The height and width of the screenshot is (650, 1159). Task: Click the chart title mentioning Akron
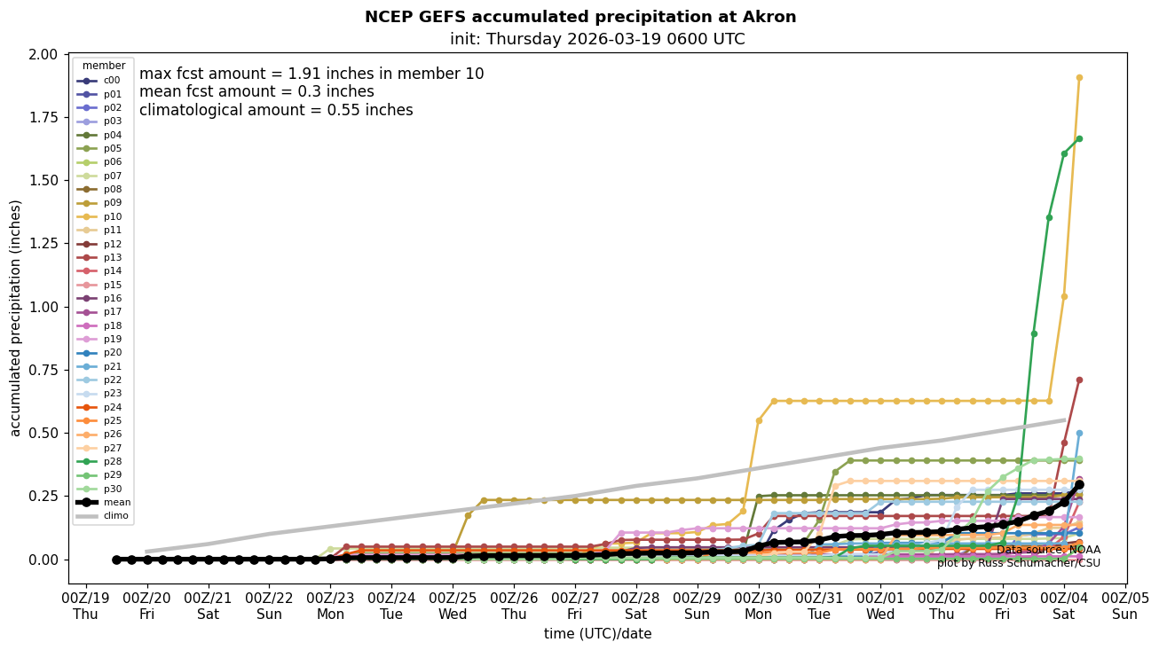click(x=580, y=17)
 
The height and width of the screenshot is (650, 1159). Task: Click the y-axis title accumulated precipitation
click(x=16, y=317)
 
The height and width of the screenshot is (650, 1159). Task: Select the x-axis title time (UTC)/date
click(x=597, y=634)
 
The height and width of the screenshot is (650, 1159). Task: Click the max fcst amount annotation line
click(x=311, y=74)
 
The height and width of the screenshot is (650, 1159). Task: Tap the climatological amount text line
click(x=276, y=110)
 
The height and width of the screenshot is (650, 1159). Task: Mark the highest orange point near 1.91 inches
click(x=1079, y=77)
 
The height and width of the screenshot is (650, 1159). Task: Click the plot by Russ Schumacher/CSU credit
click(x=1018, y=563)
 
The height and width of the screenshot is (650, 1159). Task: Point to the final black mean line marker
click(x=1079, y=485)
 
